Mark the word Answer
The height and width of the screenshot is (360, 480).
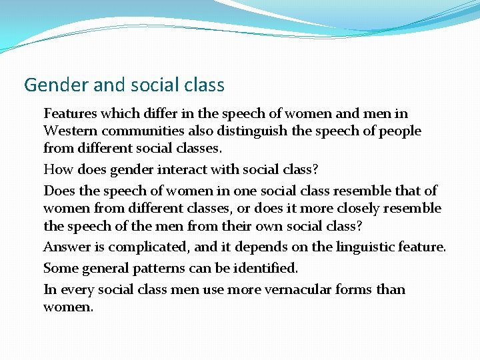click(65, 247)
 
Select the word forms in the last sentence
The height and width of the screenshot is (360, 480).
click(356, 290)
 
